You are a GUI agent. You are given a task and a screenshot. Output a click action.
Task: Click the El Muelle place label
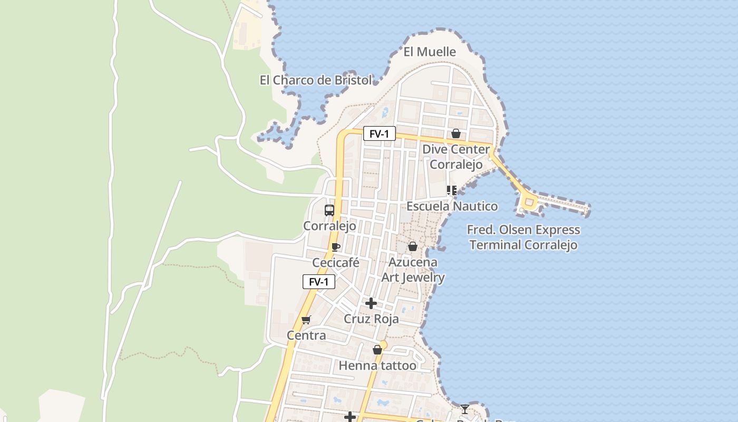click(x=430, y=52)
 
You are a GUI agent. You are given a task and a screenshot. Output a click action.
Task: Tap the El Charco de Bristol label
click(x=316, y=80)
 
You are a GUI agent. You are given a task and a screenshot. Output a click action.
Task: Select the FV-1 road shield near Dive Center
click(x=379, y=134)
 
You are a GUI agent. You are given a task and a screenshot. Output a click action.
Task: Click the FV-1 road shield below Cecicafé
click(x=318, y=282)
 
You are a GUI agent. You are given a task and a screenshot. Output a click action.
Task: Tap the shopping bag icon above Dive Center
click(x=456, y=133)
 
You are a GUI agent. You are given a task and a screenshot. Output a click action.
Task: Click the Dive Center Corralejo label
click(x=456, y=157)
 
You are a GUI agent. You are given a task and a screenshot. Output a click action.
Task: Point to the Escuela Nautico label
click(x=452, y=206)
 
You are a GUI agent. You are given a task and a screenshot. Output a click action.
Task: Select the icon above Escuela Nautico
click(x=451, y=190)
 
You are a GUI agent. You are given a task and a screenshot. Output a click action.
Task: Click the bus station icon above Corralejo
click(x=329, y=210)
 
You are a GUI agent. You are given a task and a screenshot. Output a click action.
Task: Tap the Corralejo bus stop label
click(x=329, y=226)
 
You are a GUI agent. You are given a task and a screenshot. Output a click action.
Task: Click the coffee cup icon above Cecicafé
click(x=335, y=247)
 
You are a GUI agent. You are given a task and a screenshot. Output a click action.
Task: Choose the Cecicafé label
click(x=336, y=263)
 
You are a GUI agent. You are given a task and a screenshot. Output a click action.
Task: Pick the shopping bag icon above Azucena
click(x=413, y=246)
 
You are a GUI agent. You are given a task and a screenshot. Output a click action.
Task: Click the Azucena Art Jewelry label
click(x=413, y=270)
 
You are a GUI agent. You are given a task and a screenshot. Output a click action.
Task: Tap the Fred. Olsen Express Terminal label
click(x=523, y=237)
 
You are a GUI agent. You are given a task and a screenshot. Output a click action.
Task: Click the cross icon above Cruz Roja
click(x=371, y=303)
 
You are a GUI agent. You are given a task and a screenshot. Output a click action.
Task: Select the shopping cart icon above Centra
click(x=306, y=320)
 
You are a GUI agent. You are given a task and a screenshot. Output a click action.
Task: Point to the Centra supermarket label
click(x=306, y=335)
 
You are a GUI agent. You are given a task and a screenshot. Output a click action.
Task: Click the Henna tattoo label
click(x=377, y=366)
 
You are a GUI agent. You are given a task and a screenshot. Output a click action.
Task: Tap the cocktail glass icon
click(x=464, y=409)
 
